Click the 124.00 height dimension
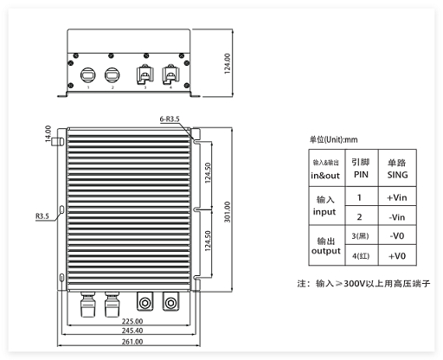coord(228,63)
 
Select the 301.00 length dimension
coord(228,212)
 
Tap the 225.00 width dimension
coord(132,321)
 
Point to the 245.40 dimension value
coord(132,331)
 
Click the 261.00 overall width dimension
coord(132,342)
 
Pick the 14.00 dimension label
coord(48,133)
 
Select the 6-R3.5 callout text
coord(170,119)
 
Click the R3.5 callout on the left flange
coord(42,216)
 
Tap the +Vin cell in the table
coord(397,197)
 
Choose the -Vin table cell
coord(397,217)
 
